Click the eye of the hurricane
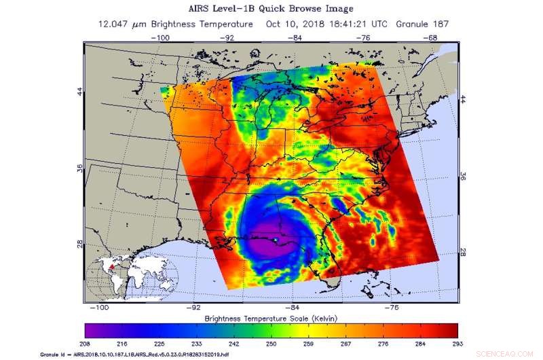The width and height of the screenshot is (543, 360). click(274, 241)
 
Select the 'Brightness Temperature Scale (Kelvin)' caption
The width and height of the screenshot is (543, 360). click(271, 318)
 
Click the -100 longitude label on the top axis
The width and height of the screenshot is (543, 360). click(161, 38)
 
